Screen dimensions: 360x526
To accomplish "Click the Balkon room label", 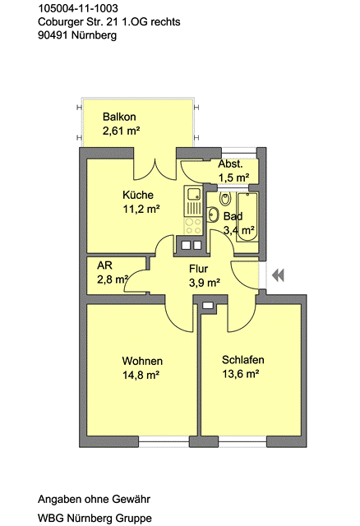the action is [x=119, y=117].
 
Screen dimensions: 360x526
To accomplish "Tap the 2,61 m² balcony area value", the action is [x=121, y=131].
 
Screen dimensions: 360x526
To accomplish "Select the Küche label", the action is [x=138, y=195].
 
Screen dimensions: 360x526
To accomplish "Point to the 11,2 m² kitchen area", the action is [x=141, y=209].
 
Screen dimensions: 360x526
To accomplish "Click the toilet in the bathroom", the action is [x=225, y=199].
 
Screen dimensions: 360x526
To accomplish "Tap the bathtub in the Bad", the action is [x=247, y=216].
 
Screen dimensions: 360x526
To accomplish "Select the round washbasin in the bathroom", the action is [x=213, y=215].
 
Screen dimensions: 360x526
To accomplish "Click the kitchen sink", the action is [x=193, y=194].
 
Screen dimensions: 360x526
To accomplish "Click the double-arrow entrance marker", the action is [x=278, y=275].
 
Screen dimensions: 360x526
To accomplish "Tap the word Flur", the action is [x=198, y=269].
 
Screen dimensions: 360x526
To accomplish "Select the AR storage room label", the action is [x=104, y=265].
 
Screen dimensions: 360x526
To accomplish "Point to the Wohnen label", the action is [x=142, y=361].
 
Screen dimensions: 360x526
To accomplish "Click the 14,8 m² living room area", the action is [x=141, y=375].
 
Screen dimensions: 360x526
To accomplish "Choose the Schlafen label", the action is [x=243, y=360].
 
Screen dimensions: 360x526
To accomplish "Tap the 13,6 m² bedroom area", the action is [x=241, y=373].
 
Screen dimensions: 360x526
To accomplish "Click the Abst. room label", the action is [x=230, y=164].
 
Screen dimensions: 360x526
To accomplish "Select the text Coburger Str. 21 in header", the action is [x=78, y=22].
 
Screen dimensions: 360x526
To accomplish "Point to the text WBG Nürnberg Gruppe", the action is [x=95, y=518].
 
